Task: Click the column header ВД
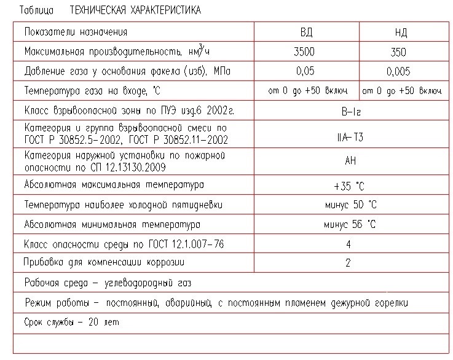pyautogui.click(x=305, y=33)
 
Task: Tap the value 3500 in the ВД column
pyautogui.click(x=305, y=52)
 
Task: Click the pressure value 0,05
pyautogui.click(x=305, y=71)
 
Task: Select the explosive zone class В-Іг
pyautogui.click(x=347, y=111)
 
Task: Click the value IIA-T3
pyautogui.click(x=349, y=136)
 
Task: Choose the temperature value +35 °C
pyautogui.click(x=349, y=186)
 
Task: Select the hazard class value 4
pyautogui.click(x=348, y=244)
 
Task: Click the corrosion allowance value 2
pyautogui.click(x=348, y=263)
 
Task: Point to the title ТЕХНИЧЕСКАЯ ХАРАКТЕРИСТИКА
pyautogui.click(x=135, y=10)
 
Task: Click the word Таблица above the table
pyautogui.click(x=36, y=10)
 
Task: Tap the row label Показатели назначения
pyautogui.click(x=76, y=31)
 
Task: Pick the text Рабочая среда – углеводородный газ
pyautogui.click(x=108, y=283)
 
